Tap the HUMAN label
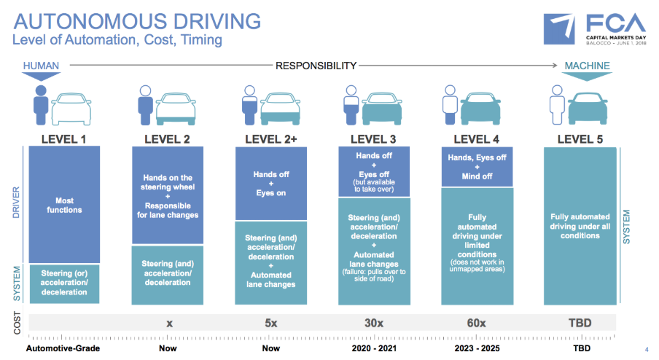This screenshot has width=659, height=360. [x=41, y=66]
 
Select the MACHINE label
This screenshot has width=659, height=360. [x=587, y=66]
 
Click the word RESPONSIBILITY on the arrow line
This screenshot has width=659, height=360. [x=316, y=66]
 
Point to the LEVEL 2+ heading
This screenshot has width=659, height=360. [x=270, y=138]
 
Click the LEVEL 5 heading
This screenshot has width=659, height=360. [x=580, y=138]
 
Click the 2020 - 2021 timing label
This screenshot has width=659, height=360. [x=374, y=348]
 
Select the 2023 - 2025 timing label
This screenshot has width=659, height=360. [x=477, y=348]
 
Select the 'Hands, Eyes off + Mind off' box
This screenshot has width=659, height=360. [x=477, y=165]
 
